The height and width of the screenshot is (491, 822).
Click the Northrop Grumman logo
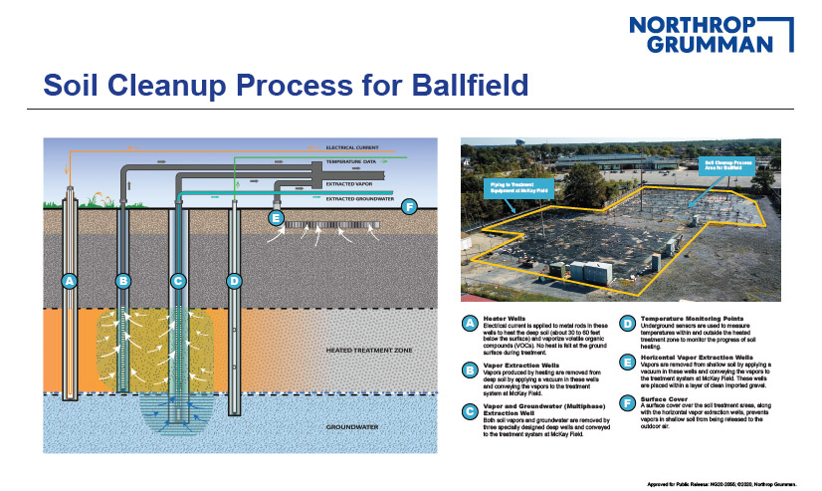click(713, 34)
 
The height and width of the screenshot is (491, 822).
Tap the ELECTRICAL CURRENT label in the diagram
click(352, 147)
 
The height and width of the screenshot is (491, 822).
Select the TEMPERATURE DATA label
click(350, 162)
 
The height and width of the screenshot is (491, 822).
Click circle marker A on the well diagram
click(69, 282)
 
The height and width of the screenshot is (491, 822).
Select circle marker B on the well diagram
click(123, 282)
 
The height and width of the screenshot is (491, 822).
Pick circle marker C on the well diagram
click(178, 282)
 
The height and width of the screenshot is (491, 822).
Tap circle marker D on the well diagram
click(234, 282)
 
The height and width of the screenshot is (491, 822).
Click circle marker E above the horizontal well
click(277, 217)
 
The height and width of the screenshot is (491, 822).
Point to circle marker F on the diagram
click(409, 206)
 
